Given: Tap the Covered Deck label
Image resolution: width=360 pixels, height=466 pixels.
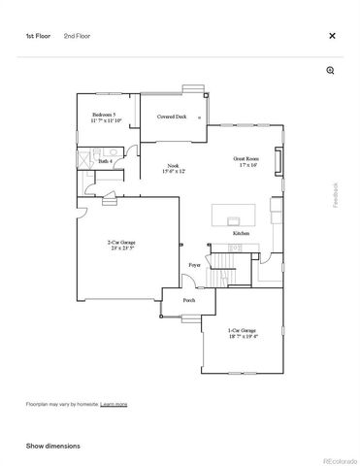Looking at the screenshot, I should pos(172,116).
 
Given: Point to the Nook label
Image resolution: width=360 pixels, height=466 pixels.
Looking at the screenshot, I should pos(173,168).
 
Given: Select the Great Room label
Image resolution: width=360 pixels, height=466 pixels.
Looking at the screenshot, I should pos(245,161).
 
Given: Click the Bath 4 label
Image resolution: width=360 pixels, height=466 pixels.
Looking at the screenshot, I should pos(105,161).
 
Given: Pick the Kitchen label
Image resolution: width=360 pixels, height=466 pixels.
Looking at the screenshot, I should pos(241,234).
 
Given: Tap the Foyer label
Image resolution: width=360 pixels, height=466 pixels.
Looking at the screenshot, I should pos(194,264).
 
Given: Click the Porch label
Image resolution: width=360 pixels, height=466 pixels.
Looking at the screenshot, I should pos(189,300).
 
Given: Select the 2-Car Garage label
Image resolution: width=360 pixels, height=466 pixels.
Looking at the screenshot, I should pos(121,246).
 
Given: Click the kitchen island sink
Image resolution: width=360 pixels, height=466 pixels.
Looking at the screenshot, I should pos(236,219).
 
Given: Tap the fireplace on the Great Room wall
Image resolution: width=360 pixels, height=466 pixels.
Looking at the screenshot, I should pos(279,160).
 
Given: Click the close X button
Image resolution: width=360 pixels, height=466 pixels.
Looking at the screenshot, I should pos(332,36).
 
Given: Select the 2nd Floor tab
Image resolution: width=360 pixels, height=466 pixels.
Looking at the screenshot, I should pos(77,36).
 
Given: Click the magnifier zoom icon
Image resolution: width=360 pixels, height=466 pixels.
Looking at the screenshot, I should pos(330,70).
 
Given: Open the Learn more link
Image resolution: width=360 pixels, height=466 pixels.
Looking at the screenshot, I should pos(114,403).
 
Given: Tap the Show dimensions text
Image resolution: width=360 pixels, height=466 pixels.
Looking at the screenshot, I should pos(52,446).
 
